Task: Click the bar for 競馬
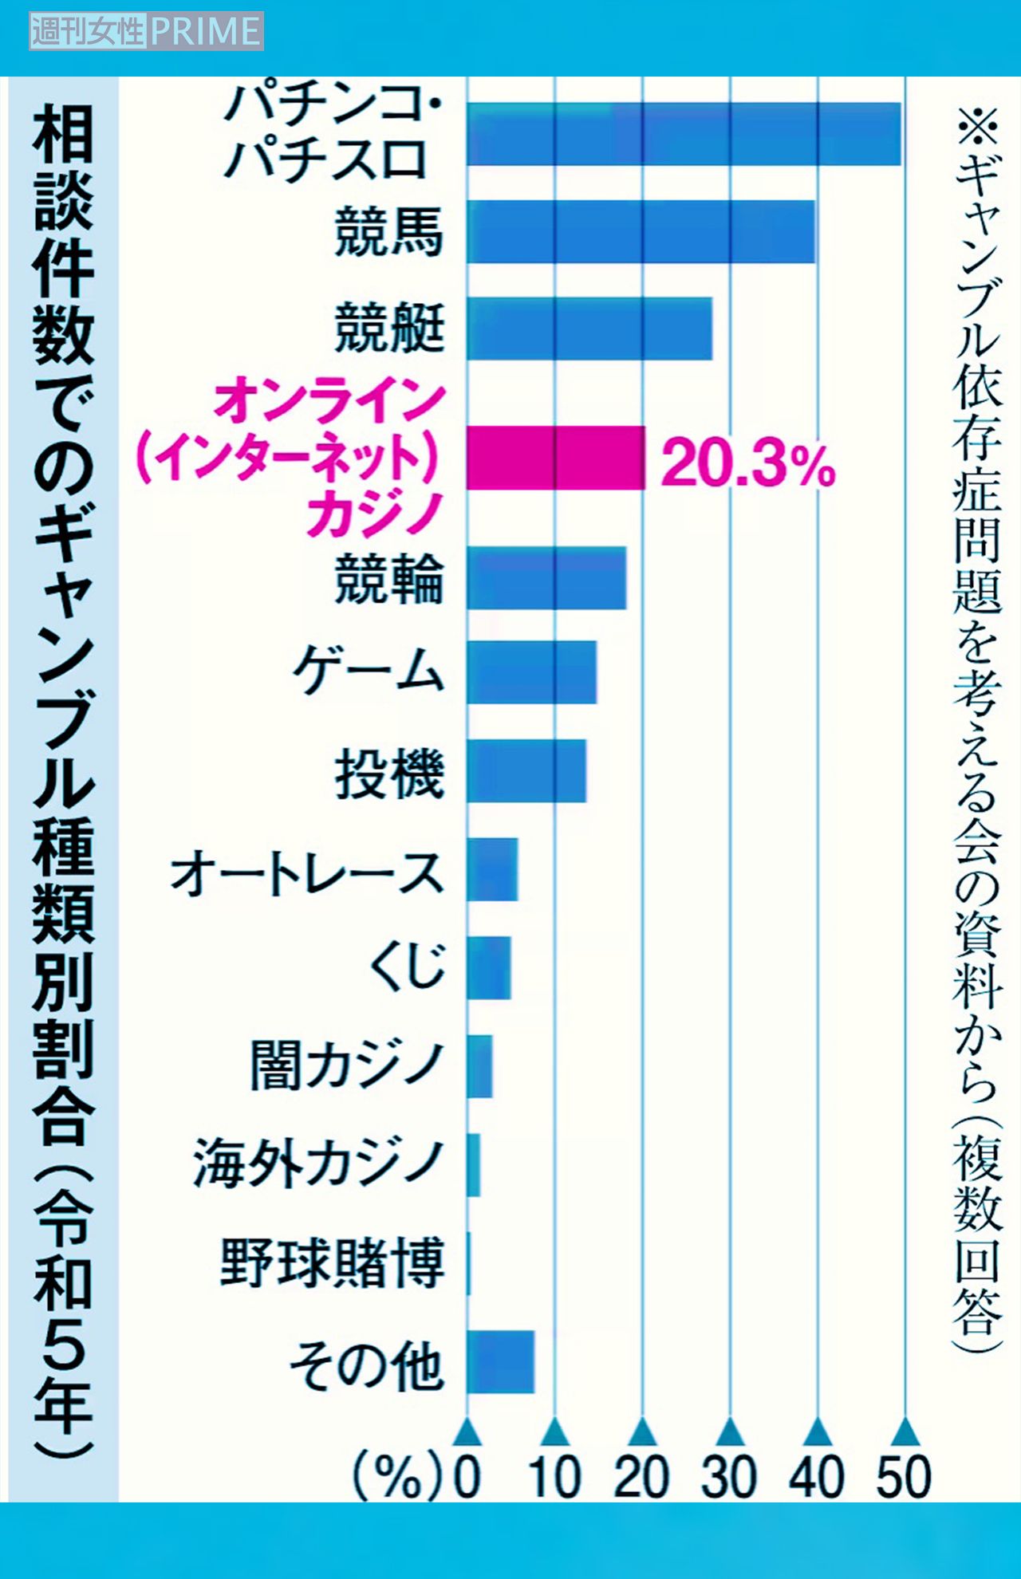point(641,231)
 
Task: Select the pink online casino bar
point(555,458)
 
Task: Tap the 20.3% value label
point(747,463)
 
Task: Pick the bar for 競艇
point(589,328)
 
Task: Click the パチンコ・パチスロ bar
point(684,134)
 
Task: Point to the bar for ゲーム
point(531,672)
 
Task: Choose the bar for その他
point(500,1361)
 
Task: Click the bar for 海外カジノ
point(474,1165)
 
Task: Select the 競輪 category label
point(388,580)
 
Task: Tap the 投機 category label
point(388,773)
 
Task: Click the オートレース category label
point(307,872)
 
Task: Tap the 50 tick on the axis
point(904,1477)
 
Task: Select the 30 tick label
point(728,1477)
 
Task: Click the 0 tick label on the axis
point(467,1477)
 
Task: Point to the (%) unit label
point(396,1477)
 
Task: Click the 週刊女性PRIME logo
point(146,32)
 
